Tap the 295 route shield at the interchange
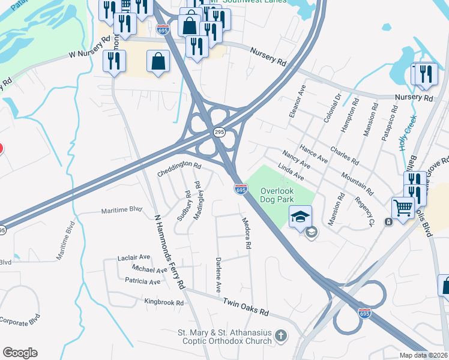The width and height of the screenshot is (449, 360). pos(219,133)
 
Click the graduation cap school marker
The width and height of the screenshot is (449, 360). pos(300,216)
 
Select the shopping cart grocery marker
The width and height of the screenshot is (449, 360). pos(403,207)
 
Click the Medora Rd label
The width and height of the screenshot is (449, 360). pos(246,233)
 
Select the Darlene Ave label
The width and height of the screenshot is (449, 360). pos(218,275)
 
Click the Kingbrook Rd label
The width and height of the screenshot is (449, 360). pos(163,302)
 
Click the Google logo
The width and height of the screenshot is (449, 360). pos(19,353)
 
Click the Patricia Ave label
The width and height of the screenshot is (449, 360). pos(143,281)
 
